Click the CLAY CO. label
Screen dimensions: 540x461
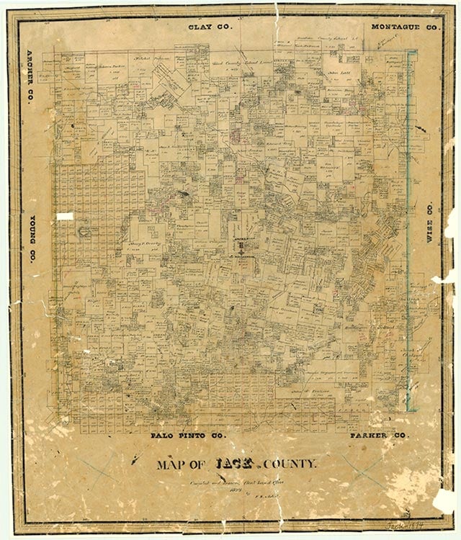[x=209, y=27]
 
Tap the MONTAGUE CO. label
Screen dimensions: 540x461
[x=405, y=27]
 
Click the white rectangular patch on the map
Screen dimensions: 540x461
[x=66, y=215]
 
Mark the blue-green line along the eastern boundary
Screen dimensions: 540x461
[x=408, y=216]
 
